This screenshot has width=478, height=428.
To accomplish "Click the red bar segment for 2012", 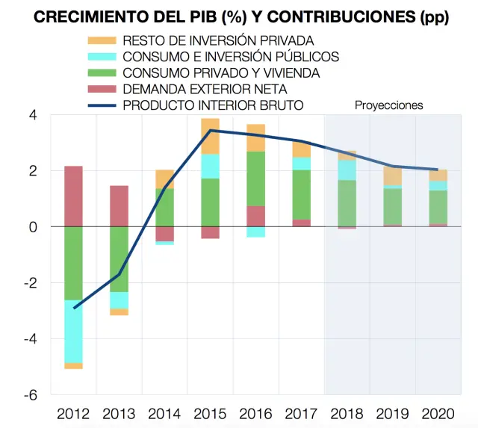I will tap(73, 196).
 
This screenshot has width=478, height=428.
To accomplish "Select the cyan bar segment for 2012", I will tap(73, 331).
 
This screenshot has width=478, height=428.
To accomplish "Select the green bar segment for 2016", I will tap(256, 179).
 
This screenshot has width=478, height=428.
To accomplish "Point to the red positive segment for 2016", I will tap(256, 216).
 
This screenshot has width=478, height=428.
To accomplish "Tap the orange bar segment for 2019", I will tap(393, 176).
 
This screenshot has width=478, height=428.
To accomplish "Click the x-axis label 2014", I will tap(165, 414).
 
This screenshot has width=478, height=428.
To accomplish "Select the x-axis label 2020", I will tap(438, 414).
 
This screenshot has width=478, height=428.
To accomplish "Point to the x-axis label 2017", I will tap(302, 414).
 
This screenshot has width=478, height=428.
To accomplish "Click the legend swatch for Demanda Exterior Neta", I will tap(103, 89).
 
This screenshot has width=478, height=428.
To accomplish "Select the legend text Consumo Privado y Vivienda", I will tap(221, 72).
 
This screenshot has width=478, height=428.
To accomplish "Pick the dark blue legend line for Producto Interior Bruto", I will tap(103, 105).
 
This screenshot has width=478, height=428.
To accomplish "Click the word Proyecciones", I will tap(388, 105).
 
